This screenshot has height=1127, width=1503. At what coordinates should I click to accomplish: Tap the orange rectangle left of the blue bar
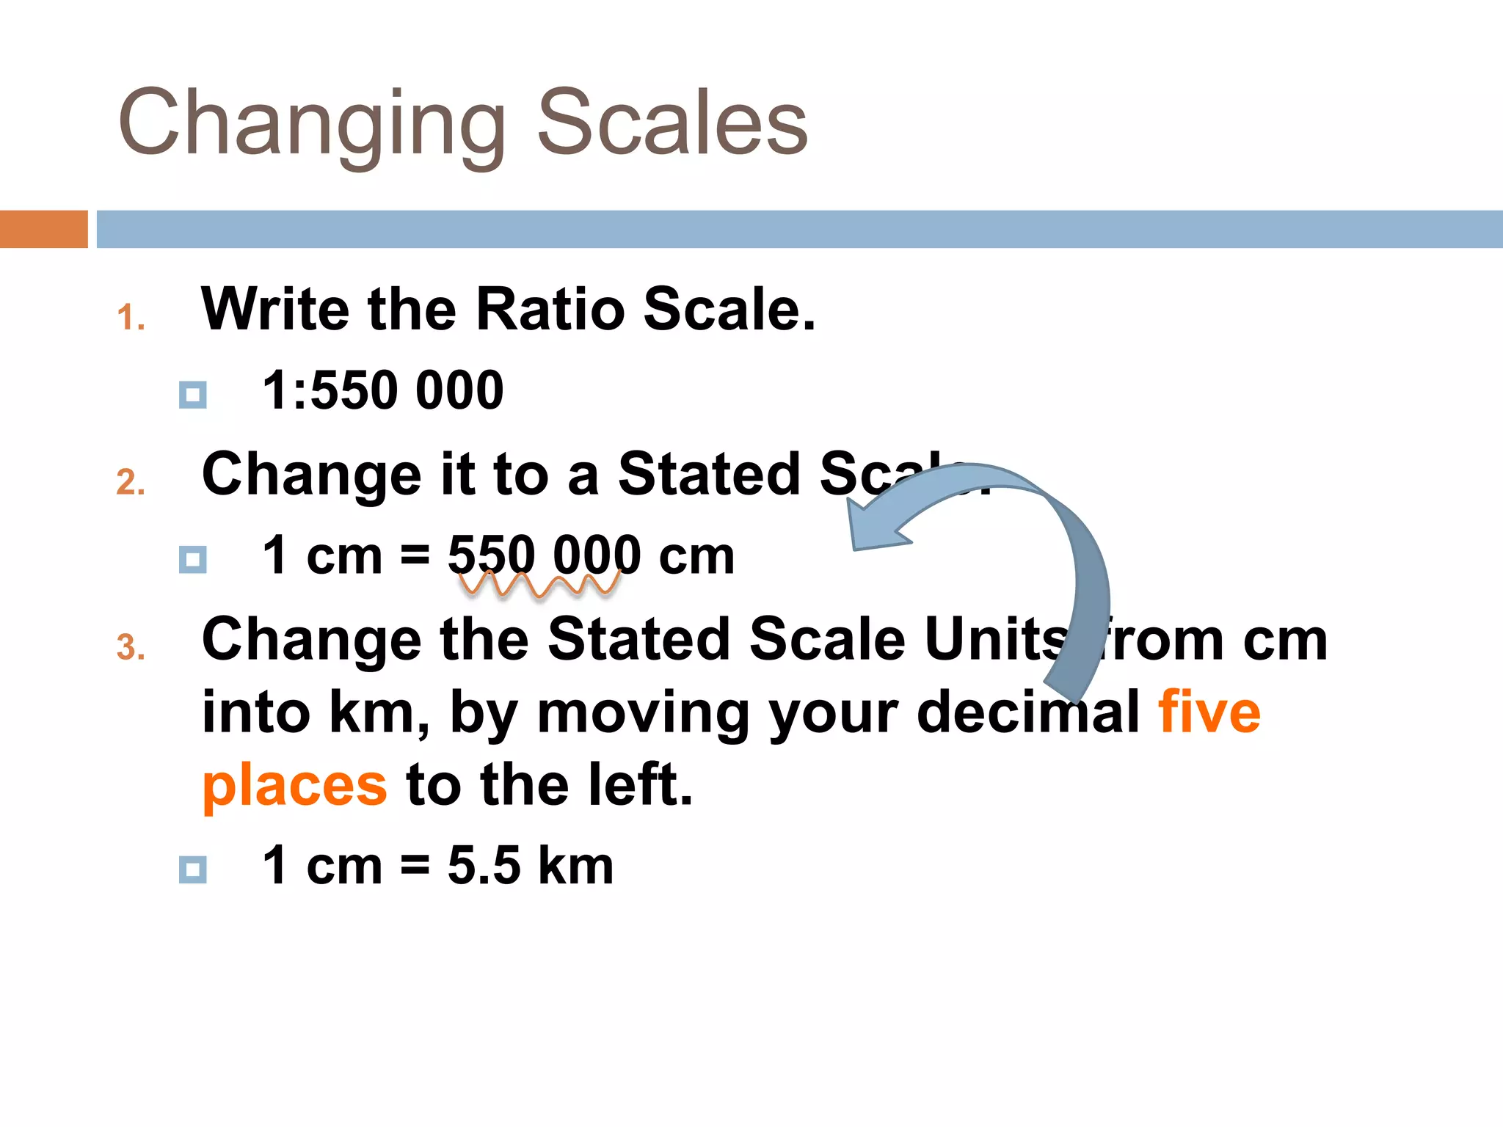pos(43,229)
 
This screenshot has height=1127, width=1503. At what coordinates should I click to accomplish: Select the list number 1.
pos(130,318)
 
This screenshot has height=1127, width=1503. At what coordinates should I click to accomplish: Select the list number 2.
pos(130,483)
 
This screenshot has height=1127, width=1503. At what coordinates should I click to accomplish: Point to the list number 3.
pos(130,648)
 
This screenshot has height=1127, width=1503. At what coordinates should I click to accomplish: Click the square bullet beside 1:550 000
pos(192,395)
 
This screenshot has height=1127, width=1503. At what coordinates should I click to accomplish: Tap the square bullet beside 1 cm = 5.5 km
pos(192,869)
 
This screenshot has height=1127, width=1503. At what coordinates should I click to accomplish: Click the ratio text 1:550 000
pos(383,390)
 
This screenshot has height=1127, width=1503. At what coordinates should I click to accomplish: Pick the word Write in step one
pos(276,310)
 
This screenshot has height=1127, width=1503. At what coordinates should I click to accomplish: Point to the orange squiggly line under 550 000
pos(539,585)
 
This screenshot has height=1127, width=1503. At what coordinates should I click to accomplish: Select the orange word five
pos(1209,712)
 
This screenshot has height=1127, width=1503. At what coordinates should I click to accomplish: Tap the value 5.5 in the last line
pos(484,866)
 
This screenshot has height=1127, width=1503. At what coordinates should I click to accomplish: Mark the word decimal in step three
pos(1028,712)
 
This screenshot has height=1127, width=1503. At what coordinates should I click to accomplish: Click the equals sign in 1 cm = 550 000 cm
pos(415,556)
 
